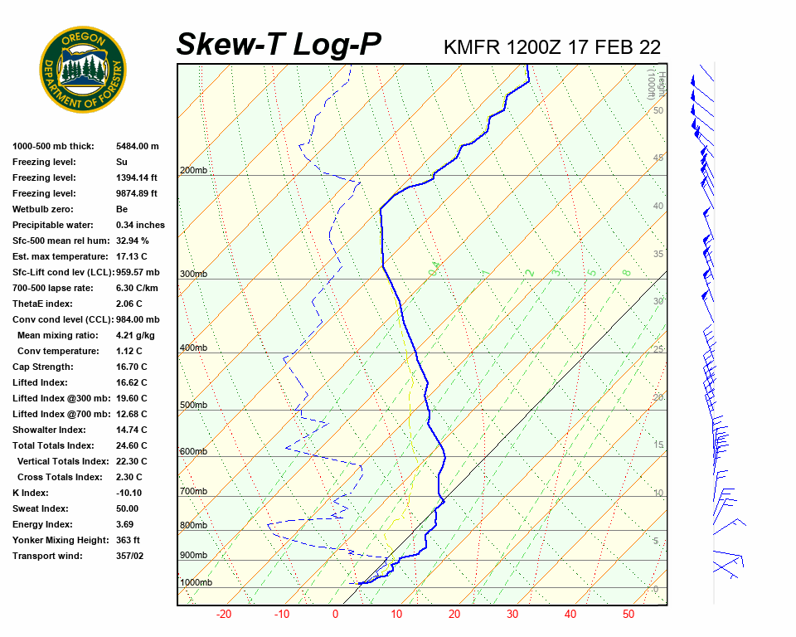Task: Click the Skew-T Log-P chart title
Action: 279,44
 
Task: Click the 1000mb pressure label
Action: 196,583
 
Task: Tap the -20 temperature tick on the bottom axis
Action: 223,615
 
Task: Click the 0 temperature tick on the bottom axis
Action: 335,615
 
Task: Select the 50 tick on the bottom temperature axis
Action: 629,615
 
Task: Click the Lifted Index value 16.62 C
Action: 132,383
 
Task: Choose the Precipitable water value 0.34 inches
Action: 140,225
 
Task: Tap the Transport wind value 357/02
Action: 133,556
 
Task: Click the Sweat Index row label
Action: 39,508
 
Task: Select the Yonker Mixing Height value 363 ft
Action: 128,540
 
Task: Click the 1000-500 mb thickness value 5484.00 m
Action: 137,146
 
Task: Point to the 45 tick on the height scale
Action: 658,158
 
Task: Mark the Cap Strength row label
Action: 42,367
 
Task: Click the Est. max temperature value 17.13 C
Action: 132,256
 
